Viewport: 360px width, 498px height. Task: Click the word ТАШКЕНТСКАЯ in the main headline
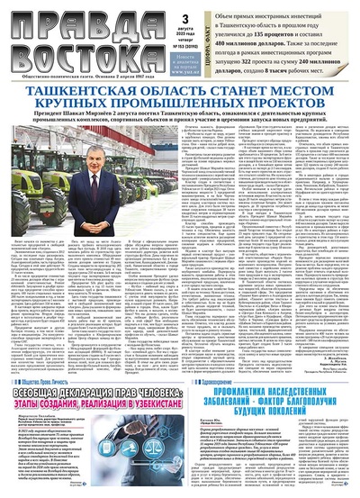coord(94,92)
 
